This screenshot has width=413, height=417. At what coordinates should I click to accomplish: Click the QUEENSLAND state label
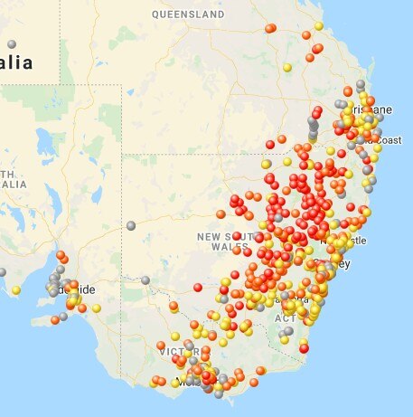tap(188, 15)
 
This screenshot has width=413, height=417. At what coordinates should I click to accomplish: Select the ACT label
tap(284, 318)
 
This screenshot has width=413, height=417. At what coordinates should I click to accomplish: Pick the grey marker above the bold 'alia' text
tap(12, 43)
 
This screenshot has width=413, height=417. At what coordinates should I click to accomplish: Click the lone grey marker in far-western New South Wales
tap(131, 225)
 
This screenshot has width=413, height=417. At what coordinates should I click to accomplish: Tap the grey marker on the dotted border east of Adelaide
tap(145, 280)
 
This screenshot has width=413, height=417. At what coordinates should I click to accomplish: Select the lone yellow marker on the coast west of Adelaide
tap(15, 290)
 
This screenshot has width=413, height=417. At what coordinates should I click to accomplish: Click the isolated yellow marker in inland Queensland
tap(287, 67)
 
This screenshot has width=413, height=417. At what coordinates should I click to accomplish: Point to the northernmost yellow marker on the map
tap(318, 25)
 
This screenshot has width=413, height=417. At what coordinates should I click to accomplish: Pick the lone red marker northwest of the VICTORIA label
tap(198, 288)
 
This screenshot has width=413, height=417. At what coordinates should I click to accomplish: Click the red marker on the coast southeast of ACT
tap(304, 348)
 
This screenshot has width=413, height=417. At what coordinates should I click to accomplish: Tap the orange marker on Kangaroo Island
tap(55, 319)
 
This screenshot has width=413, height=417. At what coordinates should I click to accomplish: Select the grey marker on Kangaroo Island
tap(63, 316)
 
